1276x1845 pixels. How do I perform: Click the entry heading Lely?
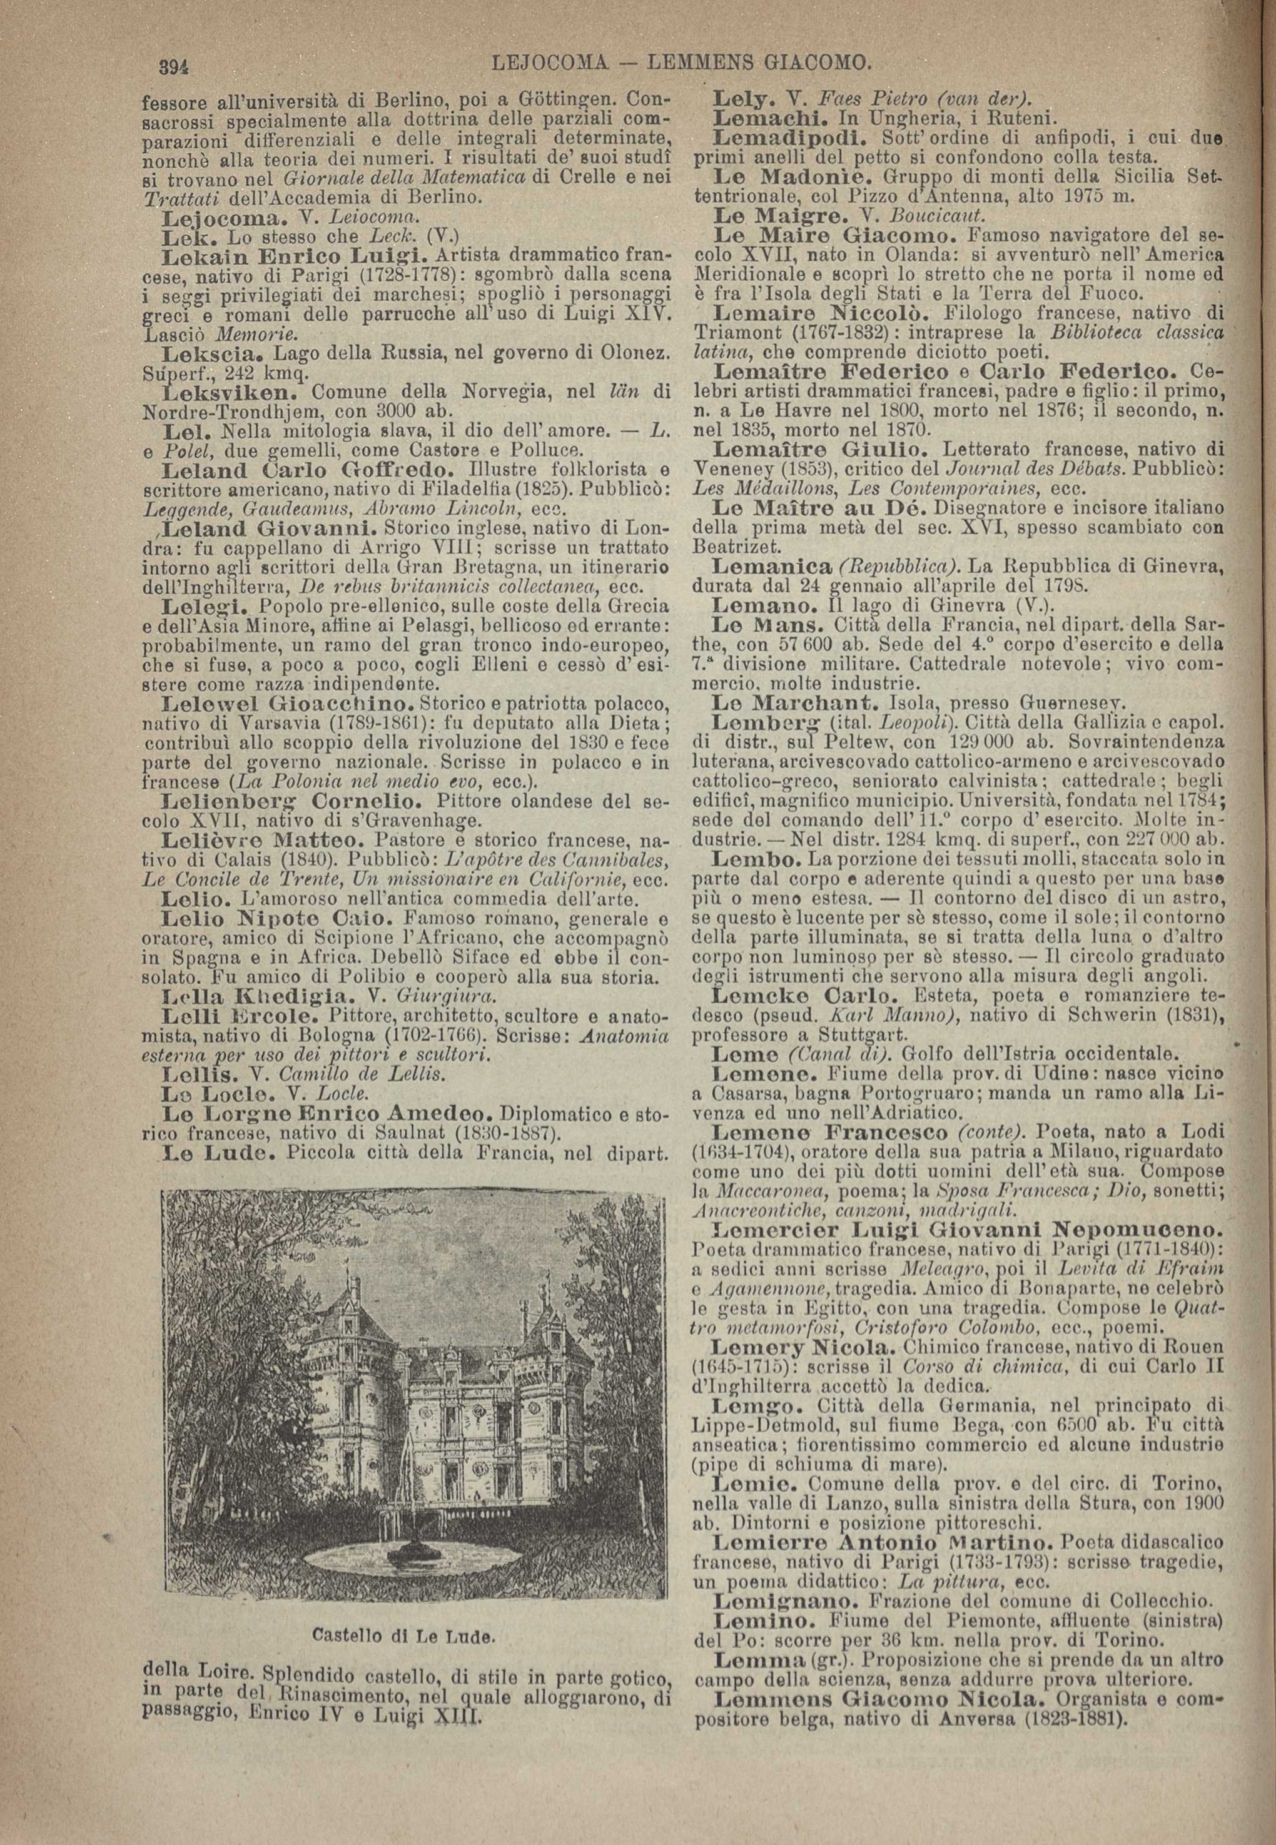pos(741,101)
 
